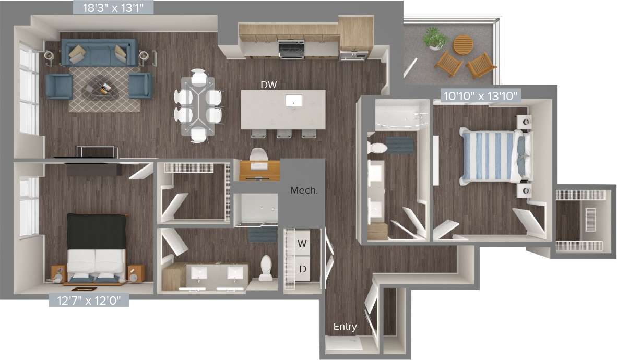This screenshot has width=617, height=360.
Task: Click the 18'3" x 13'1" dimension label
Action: [113, 8]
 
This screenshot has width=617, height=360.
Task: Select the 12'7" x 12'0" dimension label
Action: [89, 301]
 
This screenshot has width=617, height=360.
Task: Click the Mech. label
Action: [304, 190]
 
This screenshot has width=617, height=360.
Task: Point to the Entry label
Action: [345, 327]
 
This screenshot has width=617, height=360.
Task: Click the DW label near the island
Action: [269, 84]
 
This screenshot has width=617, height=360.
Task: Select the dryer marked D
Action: [302, 269]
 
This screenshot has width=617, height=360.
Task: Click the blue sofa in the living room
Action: [99, 53]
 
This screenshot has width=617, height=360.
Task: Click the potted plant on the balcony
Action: [434, 39]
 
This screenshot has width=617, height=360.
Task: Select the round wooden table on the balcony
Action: [462, 44]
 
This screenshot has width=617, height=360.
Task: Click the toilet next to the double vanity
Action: [266, 267]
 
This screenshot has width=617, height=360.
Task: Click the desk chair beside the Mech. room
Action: [259, 155]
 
